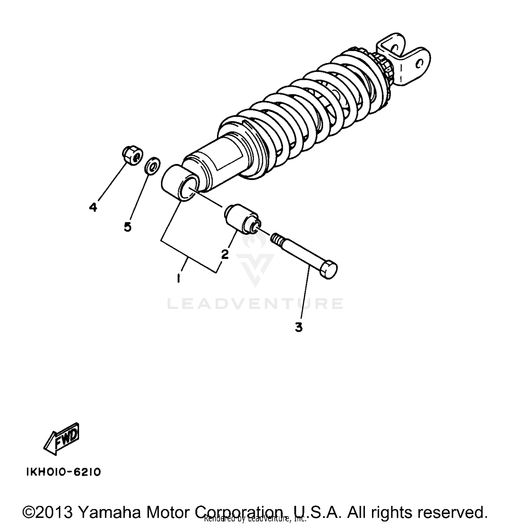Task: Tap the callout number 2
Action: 225,254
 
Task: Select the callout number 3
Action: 299,327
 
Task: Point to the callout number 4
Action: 93,207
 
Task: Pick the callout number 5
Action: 128,227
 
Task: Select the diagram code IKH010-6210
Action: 64,472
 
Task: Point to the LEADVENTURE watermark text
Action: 255,303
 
